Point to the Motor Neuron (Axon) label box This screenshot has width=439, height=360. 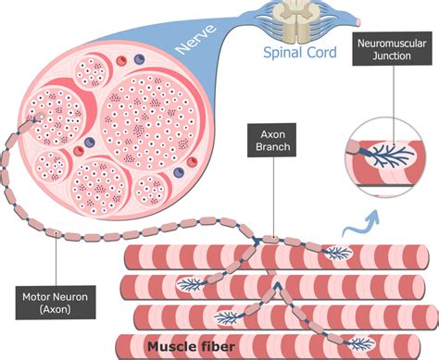[x=55, y=304]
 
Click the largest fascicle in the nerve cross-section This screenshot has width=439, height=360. [x=146, y=106]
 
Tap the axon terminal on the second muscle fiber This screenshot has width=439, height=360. [x=191, y=282]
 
